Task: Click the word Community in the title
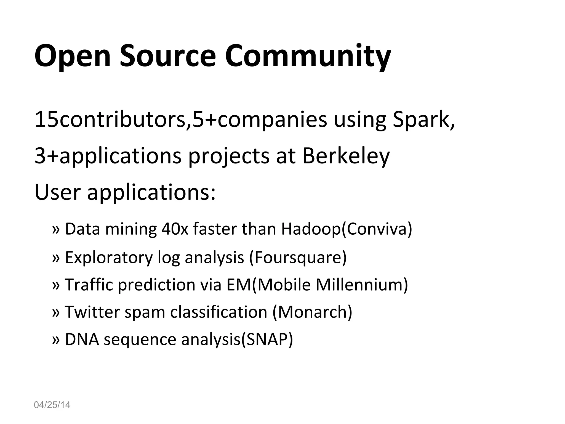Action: (308, 57)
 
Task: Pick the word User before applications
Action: (57, 192)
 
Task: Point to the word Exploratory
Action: (109, 257)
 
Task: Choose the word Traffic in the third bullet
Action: (89, 285)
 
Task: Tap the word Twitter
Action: (92, 312)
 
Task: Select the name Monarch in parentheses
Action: (312, 312)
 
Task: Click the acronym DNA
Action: (82, 339)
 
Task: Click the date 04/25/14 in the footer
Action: (52, 405)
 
